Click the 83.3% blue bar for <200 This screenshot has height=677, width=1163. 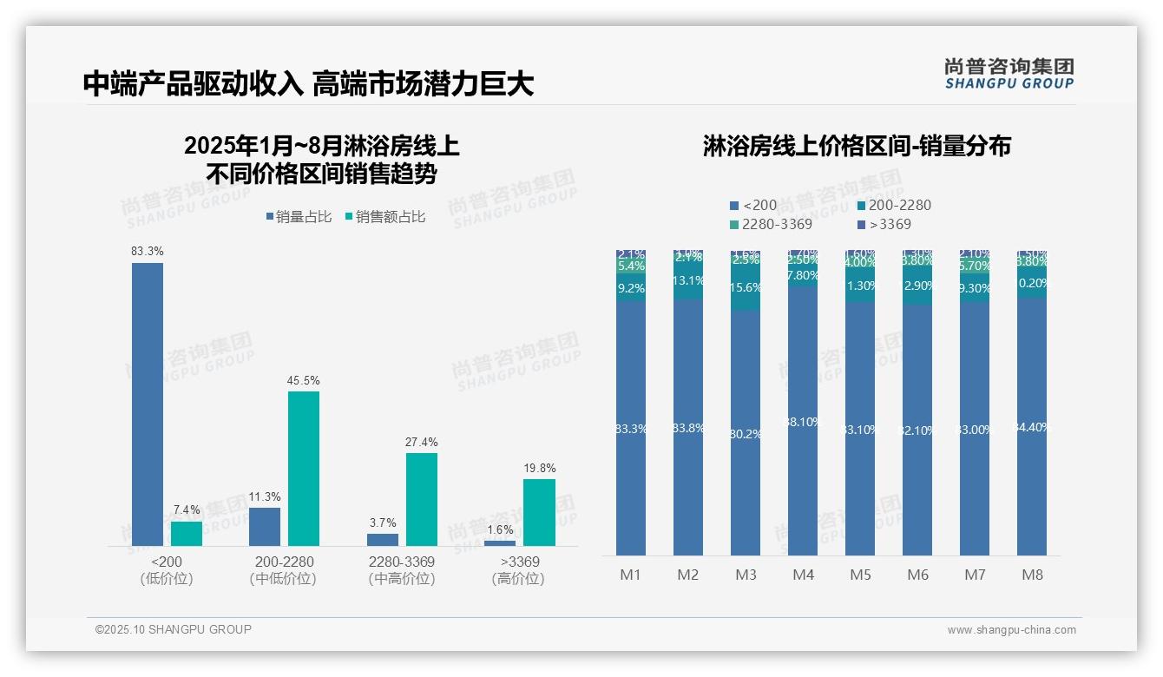click(x=148, y=404)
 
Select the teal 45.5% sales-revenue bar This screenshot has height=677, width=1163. click(x=304, y=469)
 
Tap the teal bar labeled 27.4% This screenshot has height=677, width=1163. click(x=422, y=499)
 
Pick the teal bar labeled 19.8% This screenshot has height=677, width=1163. click(x=539, y=512)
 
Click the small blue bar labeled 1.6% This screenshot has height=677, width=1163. click(x=500, y=543)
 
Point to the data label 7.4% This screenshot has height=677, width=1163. click(x=187, y=509)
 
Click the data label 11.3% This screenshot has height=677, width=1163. click(x=265, y=496)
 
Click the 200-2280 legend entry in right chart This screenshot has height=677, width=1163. click(x=893, y=206)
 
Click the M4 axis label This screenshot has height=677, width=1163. click(x=803, y=575)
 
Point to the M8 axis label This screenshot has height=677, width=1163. click(x=1032, y=575)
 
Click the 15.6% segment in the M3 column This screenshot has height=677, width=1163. click(x=746, y=288)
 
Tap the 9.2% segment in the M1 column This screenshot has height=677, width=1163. click(x=631, y=288)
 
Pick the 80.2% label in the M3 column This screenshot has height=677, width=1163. click(x=746, y=434)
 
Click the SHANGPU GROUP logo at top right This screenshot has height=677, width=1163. click(x=1009, y=74)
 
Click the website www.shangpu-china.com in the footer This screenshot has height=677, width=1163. click(x=1011, y=630)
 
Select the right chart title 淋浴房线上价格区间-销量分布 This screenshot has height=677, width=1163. click(x=857, y=147)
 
